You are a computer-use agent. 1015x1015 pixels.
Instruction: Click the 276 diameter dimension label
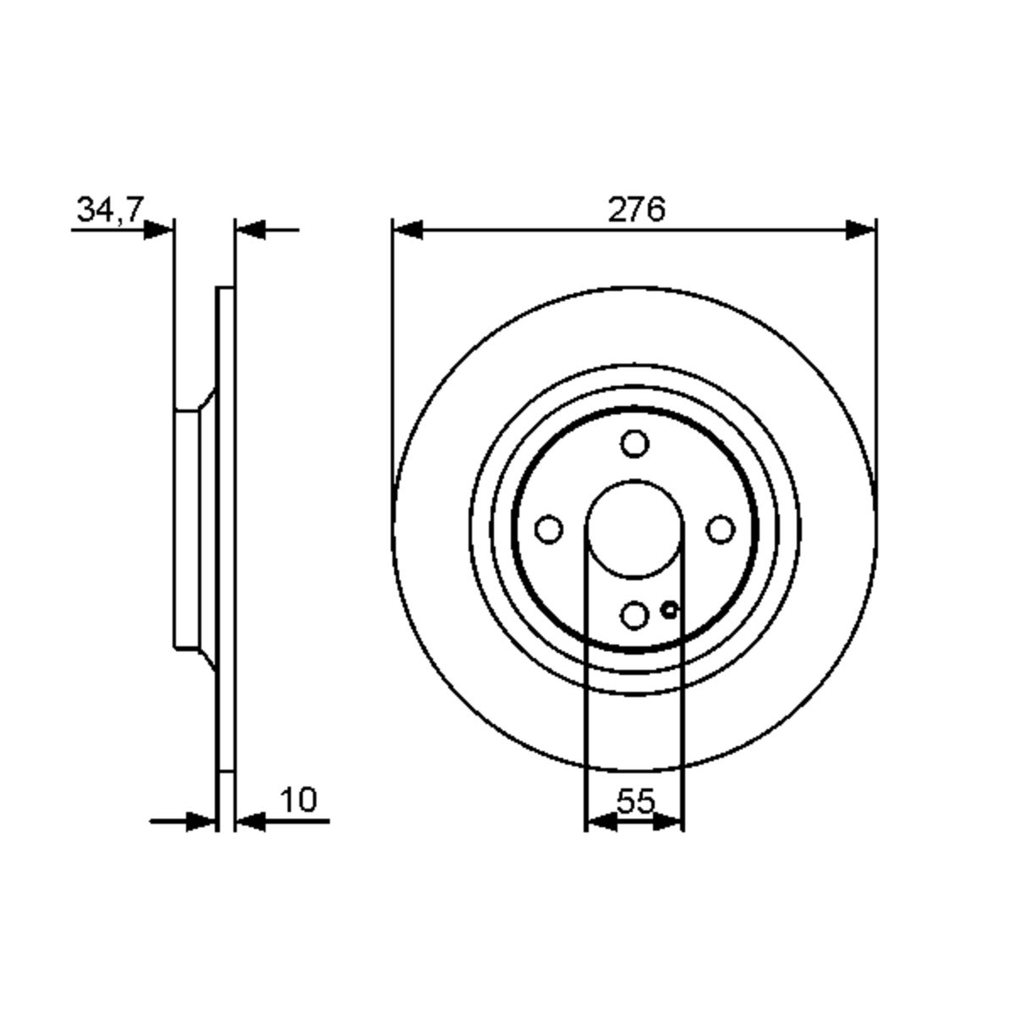tap(636, 210)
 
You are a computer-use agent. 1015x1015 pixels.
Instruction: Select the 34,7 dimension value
tap(110, 210)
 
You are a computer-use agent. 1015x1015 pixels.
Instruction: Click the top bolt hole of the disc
tap(634, 443)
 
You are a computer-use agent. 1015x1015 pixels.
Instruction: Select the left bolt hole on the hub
tap(549, 529)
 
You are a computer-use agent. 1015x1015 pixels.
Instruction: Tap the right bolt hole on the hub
tap(721, 529)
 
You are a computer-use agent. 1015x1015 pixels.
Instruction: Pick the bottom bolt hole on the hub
tap(634, 615)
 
